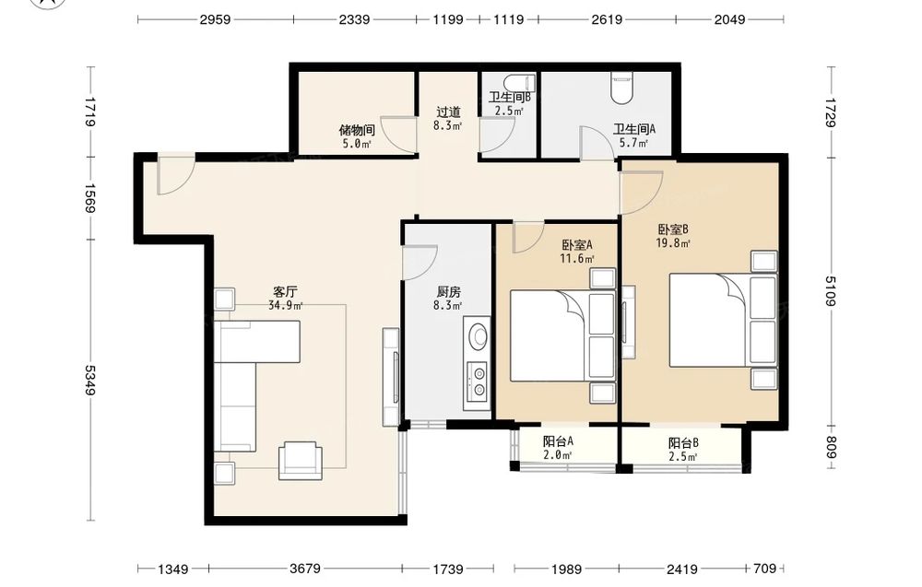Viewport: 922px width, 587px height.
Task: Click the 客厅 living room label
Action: point(285,291)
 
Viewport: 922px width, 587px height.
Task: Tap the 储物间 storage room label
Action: point(357,130)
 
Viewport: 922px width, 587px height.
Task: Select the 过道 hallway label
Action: point(448,112)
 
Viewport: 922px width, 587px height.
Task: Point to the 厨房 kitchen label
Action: point(448,291)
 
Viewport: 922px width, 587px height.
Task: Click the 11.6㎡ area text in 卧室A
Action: point(577,258)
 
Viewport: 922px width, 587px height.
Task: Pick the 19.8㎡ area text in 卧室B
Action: point(673,242)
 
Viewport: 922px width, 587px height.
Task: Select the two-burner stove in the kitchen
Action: point(477,381)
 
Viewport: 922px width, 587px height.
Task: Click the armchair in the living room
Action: point(300,460)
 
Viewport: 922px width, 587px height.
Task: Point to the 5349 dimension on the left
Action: point(90,381)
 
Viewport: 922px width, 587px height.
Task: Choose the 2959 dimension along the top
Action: point(215,19)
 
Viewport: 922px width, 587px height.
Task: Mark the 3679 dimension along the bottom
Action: point(305,569)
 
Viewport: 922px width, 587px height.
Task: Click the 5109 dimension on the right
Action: point(831,291)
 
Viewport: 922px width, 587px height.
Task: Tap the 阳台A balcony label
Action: point(558,440)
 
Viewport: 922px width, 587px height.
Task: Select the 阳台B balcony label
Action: point(683,443)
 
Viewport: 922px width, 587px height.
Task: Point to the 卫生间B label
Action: point(510,97)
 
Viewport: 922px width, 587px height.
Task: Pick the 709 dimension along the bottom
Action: point(765,569)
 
